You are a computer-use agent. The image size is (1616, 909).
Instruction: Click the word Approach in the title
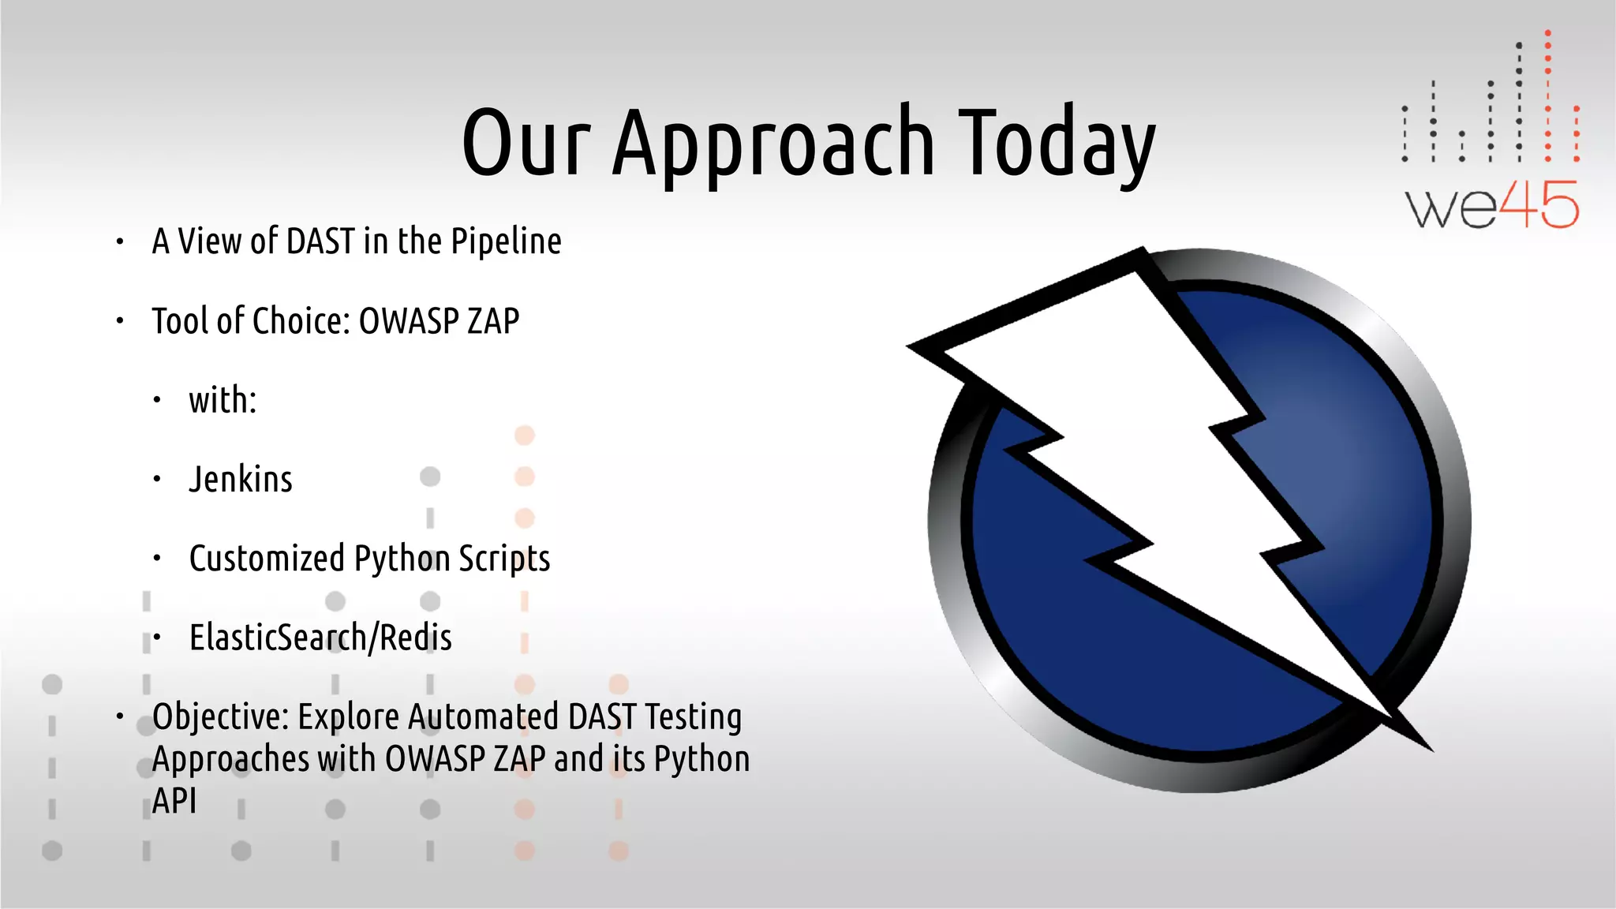(772, 144)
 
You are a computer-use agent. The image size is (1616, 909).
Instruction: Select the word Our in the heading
(526, 144)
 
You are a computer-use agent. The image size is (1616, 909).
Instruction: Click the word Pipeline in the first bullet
(506, 242)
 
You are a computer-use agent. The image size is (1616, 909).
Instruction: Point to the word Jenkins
(241, 480)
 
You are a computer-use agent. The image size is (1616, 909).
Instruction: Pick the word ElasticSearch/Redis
(320, 638)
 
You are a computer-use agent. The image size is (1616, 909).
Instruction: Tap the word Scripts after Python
(504, 559)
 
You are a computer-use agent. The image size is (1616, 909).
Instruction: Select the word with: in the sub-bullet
(223, 400)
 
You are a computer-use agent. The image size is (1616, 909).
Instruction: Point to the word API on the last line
(174, 801)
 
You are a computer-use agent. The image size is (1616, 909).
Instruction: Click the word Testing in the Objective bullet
(693, 716)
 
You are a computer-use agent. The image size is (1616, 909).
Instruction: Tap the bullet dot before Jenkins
(157, 479)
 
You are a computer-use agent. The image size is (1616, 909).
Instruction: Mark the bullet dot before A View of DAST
(120, 242)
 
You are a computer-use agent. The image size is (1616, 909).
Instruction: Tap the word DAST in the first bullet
(320, 242)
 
